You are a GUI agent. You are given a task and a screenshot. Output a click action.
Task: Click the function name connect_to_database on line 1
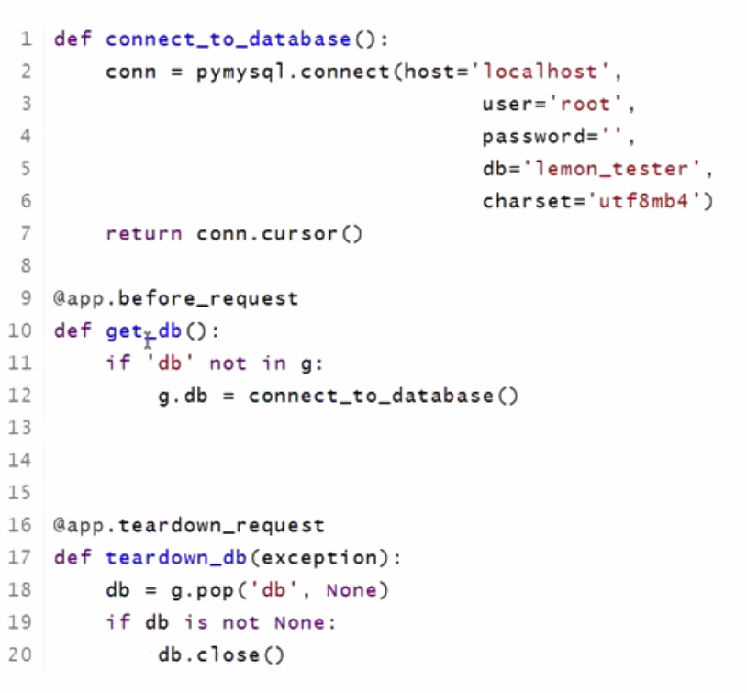229,39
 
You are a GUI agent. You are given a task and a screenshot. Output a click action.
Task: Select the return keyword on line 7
143,234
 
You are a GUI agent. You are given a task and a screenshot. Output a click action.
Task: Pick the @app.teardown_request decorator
189,526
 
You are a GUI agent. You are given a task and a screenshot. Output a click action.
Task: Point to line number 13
20,428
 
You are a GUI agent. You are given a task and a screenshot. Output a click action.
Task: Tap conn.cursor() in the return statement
280,234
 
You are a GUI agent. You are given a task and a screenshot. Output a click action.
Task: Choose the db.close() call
221,655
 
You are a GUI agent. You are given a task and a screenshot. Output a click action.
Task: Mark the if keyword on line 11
118,363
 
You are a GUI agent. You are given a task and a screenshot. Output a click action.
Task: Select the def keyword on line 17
72,558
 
